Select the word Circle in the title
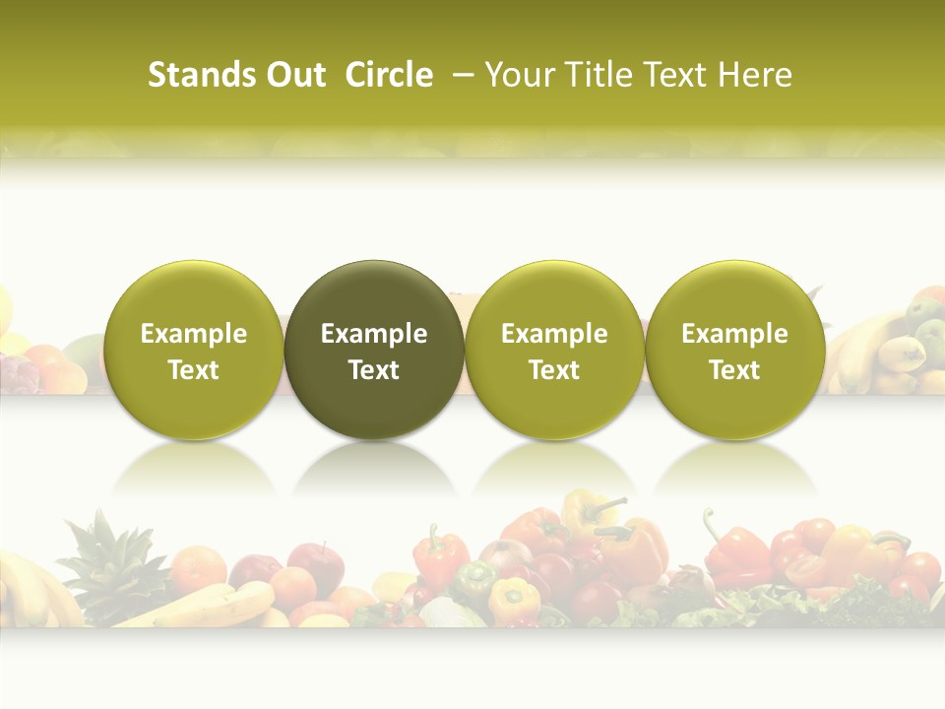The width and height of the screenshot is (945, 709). coord(389,75)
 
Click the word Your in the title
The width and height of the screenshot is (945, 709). coord(518,75)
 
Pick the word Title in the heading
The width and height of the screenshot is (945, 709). coord(592,75)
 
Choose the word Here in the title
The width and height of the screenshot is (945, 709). coord(753,75)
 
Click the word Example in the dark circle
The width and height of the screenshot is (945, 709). coord(374,334)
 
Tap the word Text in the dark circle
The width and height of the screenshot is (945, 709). coord(374,370)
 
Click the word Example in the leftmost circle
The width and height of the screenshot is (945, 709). coord(194,334)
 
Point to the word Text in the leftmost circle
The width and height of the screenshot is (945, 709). coord(194,370)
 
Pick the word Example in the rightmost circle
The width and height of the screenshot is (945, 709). coord(735,334)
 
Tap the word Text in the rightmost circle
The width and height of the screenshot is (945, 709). coord(735,370)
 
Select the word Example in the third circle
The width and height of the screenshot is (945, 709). coord(554,334)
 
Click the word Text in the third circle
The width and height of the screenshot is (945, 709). coord(554,370)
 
